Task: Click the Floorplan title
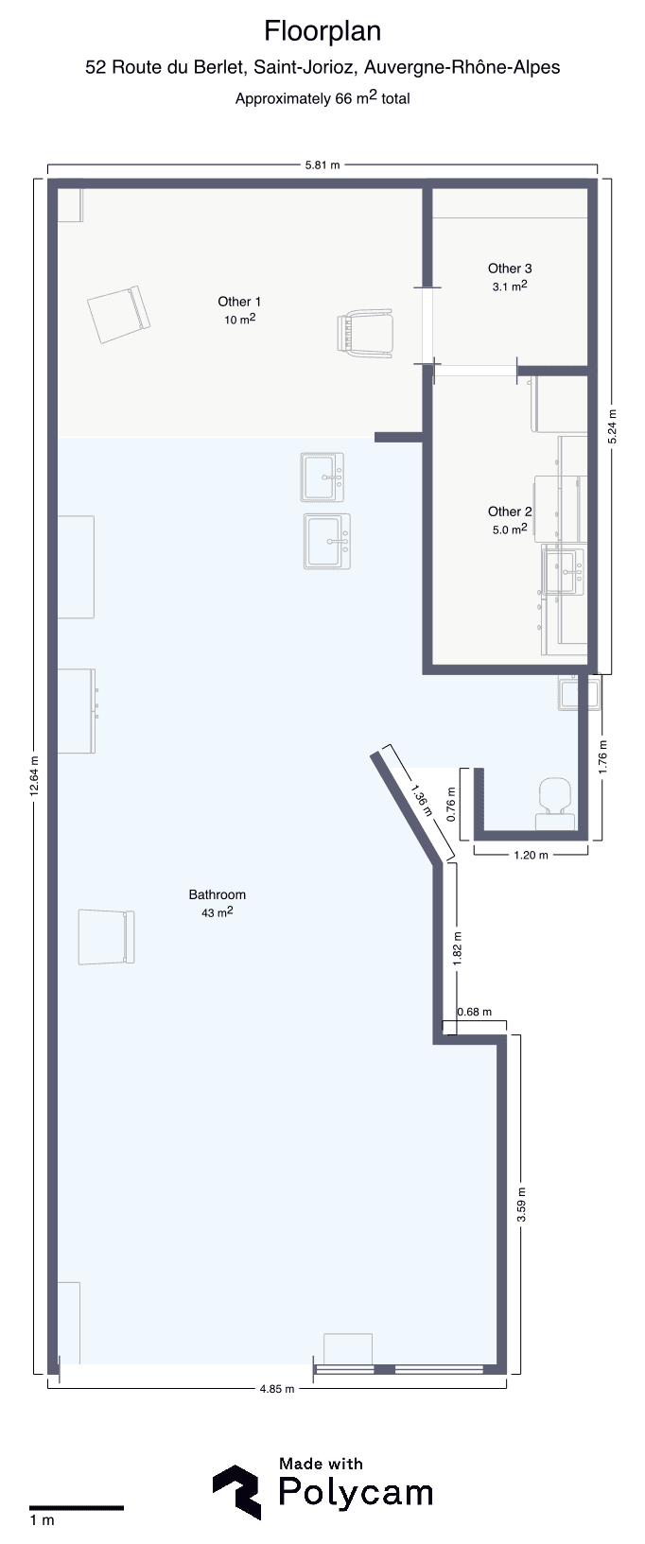[322, 32]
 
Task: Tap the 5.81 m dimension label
[322, 165]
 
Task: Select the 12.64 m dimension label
[34, 776]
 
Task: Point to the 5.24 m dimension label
[613, 426]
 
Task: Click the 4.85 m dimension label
[277, 1389]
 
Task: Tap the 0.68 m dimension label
[474, 1012]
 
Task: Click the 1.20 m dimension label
[532, 855]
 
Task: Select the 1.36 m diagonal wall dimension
[420, 801]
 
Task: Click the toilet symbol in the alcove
[555, 803]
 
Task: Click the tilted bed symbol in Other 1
[118, 314]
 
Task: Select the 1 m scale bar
[76, 1507]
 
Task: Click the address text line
[322, 67]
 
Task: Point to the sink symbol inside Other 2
[565, 570]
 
